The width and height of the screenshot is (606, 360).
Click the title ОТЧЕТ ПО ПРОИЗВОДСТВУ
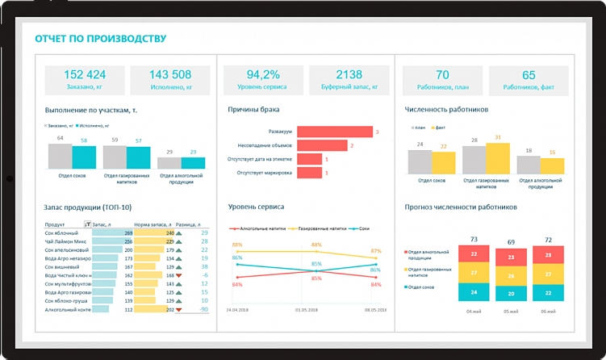(100, 38)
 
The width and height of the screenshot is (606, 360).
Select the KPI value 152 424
(85, 74)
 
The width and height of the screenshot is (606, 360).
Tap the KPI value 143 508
(170, 74)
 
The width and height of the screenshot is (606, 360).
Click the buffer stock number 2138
(349, 74)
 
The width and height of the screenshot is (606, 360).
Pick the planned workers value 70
(442, 74)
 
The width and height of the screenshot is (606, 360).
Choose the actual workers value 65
(529, 74)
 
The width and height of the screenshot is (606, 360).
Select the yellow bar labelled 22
(443, 162)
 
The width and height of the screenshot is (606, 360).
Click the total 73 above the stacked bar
(474, 239)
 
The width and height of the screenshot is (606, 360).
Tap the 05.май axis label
(511, 312)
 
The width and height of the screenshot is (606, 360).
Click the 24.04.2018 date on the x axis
(237, 309)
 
